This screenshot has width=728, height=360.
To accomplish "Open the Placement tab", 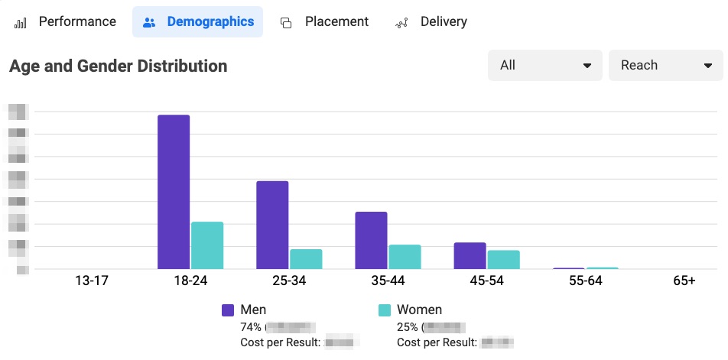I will tap(324, 21).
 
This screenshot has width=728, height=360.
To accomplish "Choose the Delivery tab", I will tap(431, 21).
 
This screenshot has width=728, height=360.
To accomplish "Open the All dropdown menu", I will tap(544, 66).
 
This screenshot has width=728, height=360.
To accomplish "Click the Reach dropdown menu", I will tap(665, 66).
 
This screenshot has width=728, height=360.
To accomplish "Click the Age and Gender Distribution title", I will tap(118, 66).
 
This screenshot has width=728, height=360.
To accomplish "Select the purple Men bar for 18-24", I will tap(174, 192).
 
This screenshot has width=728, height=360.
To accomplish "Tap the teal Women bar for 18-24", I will tap(207, 245).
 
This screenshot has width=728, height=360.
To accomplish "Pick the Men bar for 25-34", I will tap(272, 225).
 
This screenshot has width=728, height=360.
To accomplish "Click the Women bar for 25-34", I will tap(306, 259).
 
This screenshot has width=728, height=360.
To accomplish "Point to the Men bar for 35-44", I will tap(371, 240).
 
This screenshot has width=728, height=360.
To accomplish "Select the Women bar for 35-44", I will tap(405, 257).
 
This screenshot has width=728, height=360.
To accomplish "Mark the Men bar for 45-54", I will tap(470, 256).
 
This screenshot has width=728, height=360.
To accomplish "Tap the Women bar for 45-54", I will tap(503, 260).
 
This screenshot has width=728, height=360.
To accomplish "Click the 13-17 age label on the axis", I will tap(92, 281).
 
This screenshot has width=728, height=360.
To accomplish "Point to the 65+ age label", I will tap(684, 281).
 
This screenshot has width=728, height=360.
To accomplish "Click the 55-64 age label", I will tap(585, 281).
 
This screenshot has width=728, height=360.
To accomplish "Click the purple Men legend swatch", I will tap(228, 310).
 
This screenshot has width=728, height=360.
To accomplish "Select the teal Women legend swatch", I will tap(385, 310).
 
